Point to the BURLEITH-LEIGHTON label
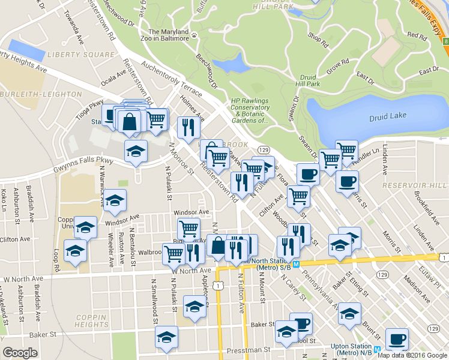click(42, 94)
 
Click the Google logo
click(20, 353)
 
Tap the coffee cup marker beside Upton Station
click(396, 340)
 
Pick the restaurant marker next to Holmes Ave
click(189, 127)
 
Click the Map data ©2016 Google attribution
click(412, 355)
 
